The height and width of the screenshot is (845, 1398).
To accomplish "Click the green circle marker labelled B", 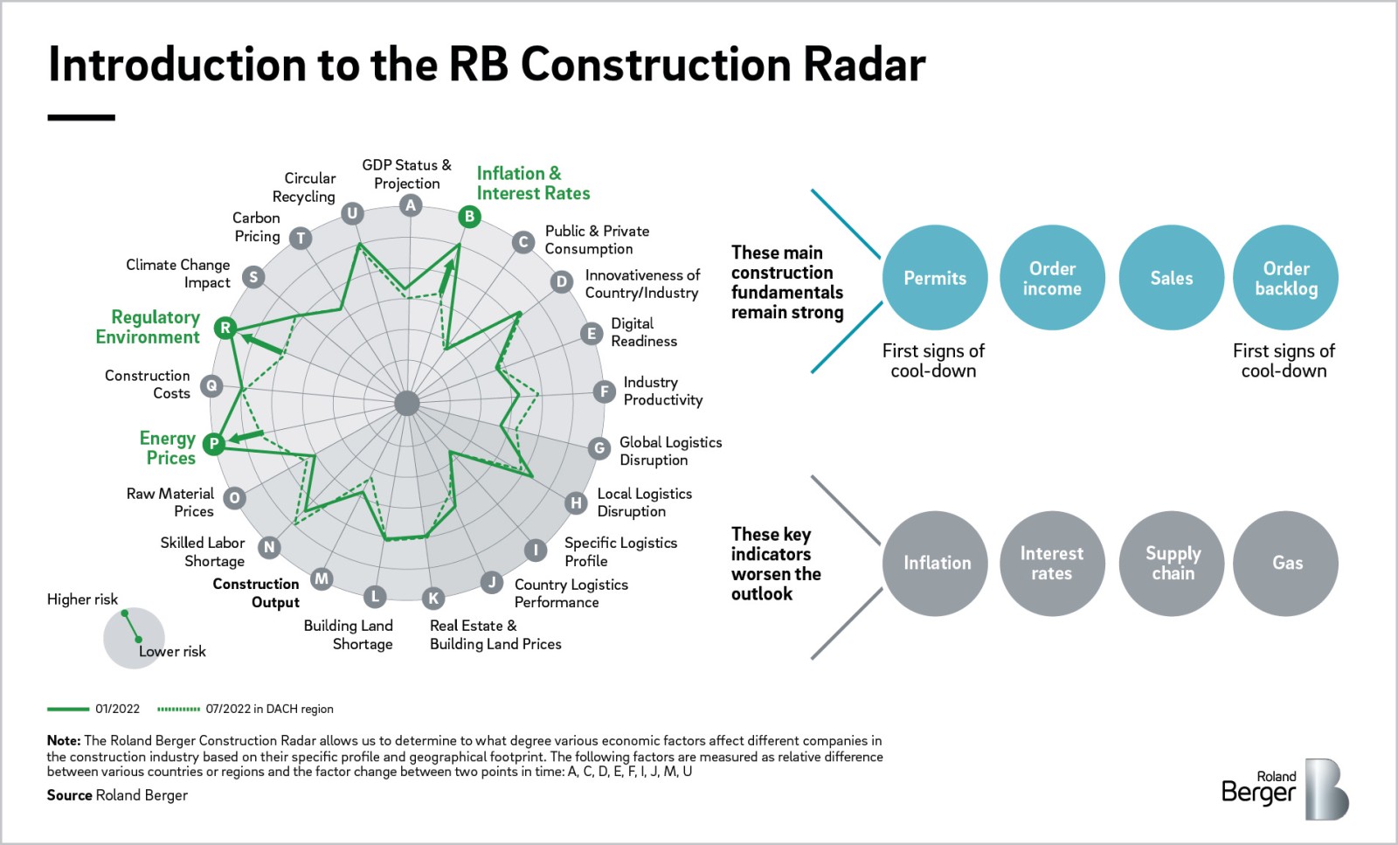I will click(469, 216).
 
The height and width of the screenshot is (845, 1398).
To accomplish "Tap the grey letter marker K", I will click(433, 598).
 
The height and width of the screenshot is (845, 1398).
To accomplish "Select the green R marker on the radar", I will click(225, 328).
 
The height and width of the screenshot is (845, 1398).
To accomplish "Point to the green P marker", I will click(213, 444).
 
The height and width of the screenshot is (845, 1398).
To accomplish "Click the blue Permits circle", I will click(935, 278).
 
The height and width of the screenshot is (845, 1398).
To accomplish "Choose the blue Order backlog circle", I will click(1285, 278).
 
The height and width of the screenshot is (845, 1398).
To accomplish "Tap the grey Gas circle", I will click(1286, 564).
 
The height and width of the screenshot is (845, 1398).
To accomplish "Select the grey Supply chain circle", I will click(1173, 564).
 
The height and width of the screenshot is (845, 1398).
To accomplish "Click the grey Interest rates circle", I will click(1052, 564).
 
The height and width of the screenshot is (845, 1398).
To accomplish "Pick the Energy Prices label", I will click(169, 447).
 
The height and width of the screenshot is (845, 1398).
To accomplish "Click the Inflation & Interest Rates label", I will click(533, 184).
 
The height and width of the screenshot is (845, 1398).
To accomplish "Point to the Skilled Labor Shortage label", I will click(203, 551).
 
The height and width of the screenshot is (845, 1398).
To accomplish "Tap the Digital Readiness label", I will click(643, 332).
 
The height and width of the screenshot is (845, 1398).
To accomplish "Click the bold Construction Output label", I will click(256, 592).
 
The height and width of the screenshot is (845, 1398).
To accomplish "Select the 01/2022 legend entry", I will click(93, 709).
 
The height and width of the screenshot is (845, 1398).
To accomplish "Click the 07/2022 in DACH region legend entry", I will click(246, 709).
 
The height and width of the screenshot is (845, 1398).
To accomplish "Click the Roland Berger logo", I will click(1284, 788).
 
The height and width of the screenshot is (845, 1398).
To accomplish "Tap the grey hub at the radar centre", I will click(407, 403).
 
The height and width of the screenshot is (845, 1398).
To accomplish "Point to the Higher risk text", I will click(82, 599).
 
